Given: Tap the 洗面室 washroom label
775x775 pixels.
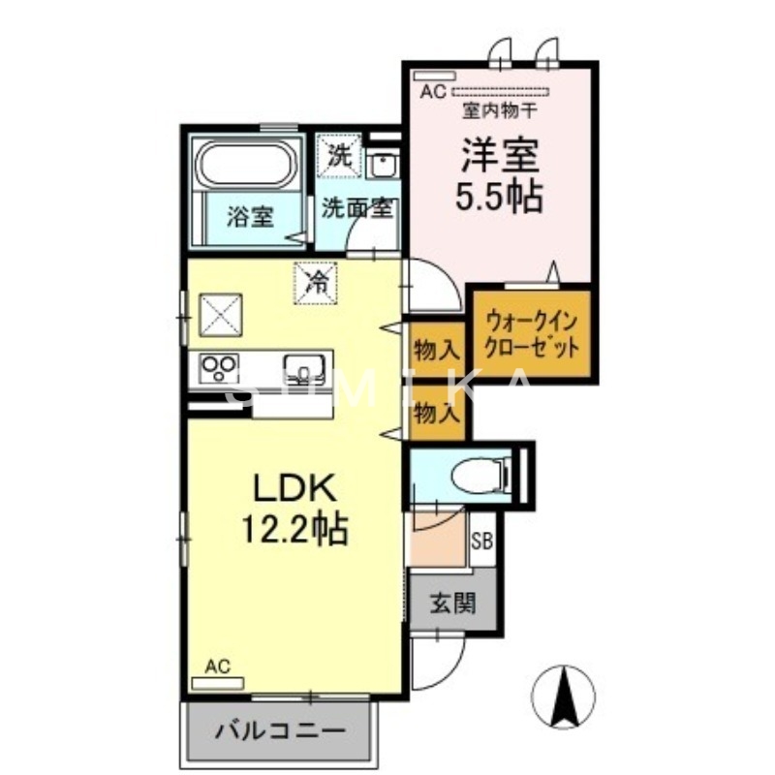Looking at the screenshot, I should pos(356,207).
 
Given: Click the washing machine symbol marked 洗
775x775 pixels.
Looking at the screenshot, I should pos(339,155).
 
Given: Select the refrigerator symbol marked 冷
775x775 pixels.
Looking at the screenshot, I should pos(316,281).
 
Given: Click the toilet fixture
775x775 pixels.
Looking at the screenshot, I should pos(482,474).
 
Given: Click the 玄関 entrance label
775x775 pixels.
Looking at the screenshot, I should pos(451,604).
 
